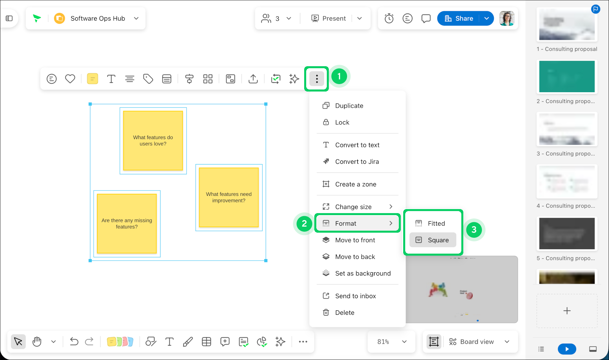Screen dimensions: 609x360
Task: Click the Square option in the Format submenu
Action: [x=433, y=240]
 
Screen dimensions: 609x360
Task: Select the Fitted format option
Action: [x=433, y=223]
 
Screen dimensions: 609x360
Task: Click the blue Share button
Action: [x=459, y=18]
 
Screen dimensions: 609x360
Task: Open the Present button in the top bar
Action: [x=328, y=18]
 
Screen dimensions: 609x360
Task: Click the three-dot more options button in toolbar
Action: [x=317, y=79]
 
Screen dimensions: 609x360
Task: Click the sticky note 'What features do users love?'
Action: [x=153, y=140]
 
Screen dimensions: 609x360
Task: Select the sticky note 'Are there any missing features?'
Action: [x=127, y=224]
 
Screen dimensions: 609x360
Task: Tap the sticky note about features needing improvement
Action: [x=229, y=198]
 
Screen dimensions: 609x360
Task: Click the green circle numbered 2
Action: [x=304, y=223]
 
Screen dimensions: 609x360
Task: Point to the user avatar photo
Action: [x=507, y=18]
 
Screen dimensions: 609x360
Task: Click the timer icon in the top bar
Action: [x=389, y=18]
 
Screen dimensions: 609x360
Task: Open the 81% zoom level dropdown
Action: [x=392, y=342]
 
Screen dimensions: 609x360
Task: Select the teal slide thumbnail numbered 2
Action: [x=567, y=77]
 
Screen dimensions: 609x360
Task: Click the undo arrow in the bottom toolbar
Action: [x=74, y=342]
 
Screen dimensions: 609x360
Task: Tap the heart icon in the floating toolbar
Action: [x=70, y=79]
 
